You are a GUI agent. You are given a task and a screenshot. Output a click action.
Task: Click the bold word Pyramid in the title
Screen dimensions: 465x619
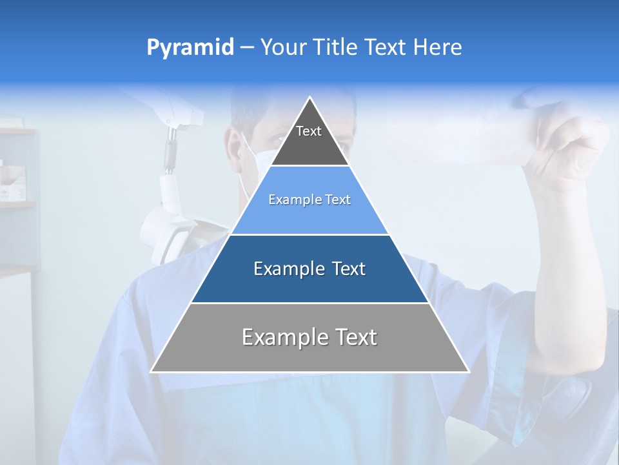pos(190,48)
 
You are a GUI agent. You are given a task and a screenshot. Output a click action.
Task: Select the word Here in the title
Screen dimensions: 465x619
pos(437,48)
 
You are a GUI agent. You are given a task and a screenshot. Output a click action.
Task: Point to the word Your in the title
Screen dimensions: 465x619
pos(284,48)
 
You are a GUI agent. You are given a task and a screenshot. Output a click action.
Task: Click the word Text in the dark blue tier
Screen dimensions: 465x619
pos(348,269)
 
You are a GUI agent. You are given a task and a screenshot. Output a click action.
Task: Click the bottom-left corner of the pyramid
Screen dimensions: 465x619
pos(151,371)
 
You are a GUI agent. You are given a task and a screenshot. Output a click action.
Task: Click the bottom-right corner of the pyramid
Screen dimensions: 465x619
pos(468,371)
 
